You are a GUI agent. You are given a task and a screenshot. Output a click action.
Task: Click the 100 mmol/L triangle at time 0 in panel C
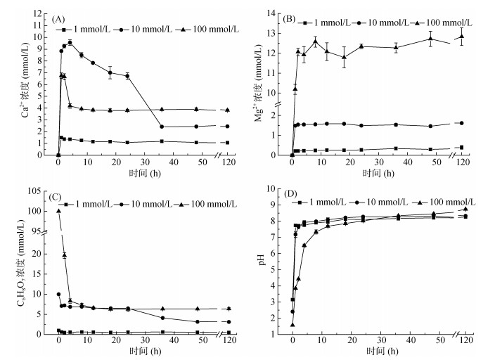click(58, 211)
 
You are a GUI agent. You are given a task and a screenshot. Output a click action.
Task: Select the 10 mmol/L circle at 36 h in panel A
click(162, 127)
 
